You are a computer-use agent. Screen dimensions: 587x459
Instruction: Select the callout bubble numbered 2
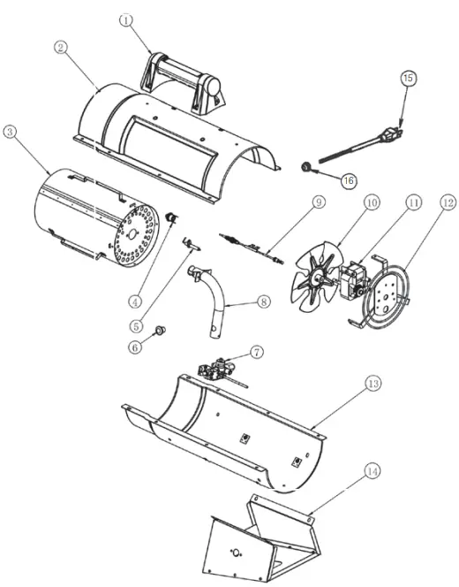[x=60, y=48]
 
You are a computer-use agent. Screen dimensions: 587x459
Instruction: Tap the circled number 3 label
[x=10, y=132]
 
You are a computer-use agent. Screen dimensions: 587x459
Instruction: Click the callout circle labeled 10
[x=372, y=202]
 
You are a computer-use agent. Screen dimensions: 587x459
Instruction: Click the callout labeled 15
[x=407, y=78]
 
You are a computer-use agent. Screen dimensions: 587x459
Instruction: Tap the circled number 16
[x=349, y=179]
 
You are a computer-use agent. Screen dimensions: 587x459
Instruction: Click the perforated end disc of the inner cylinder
[x=134, y=233]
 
